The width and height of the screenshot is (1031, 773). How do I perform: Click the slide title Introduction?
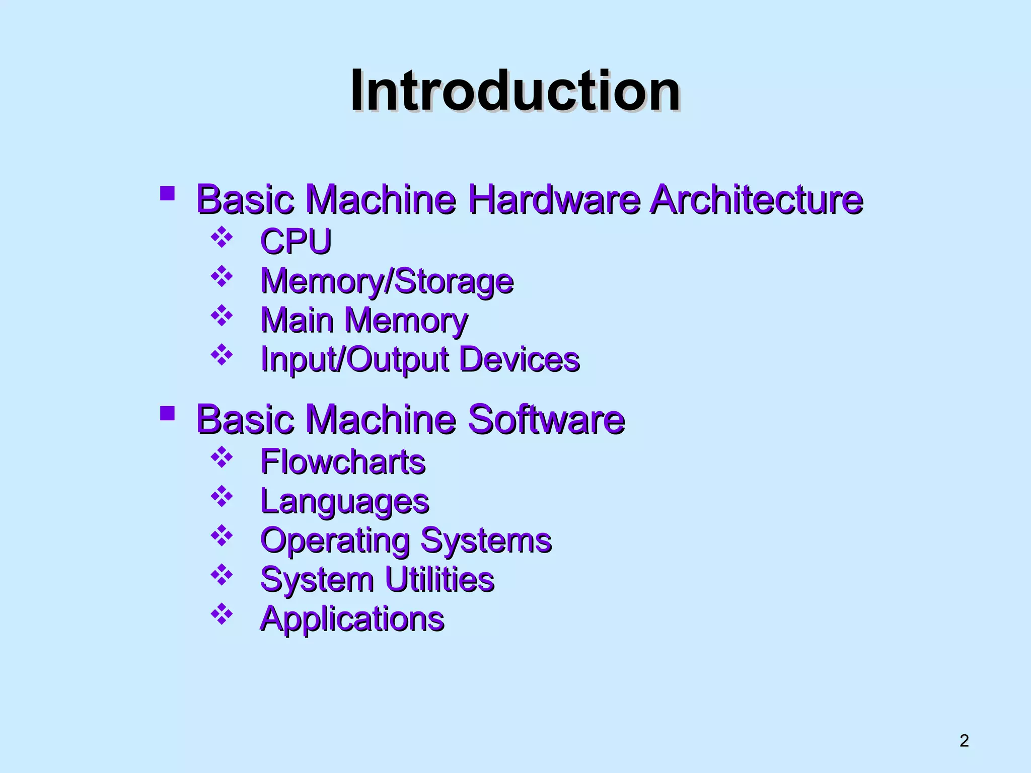click(515, 91)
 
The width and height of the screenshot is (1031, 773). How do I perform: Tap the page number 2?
click(964, 740)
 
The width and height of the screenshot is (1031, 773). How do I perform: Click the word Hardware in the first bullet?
click(554, 199)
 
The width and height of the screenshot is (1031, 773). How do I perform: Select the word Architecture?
click(756, 199)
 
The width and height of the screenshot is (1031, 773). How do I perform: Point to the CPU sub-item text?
click(296, 241)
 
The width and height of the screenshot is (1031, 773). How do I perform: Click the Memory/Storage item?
click(387, 281)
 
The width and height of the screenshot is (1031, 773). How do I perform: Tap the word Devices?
click(520, 359)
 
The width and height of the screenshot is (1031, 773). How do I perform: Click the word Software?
click(546, 419)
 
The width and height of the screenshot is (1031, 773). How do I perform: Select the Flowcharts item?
click(343, 461)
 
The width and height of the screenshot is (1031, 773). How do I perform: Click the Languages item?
click(344, 501)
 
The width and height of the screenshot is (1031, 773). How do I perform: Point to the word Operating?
click(335, 540)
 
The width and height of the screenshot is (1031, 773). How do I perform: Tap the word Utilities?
click(439, 579)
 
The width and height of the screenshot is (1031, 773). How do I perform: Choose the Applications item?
click(352, 619)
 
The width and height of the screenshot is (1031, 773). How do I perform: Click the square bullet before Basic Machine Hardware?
click(167, 194)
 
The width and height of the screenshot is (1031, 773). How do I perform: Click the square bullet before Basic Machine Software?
click(167, 414)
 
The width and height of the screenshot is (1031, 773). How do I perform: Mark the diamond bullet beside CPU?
click(222, 238)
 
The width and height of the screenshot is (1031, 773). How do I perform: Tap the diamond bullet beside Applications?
click(222, 614)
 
